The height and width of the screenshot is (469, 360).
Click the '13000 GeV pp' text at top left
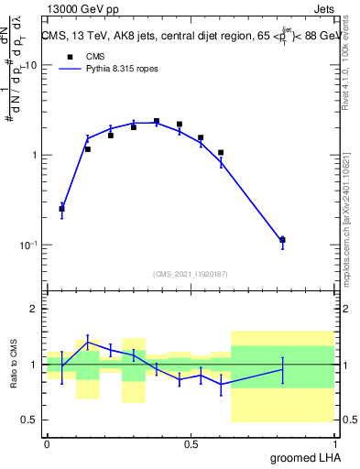[x=82, y=8]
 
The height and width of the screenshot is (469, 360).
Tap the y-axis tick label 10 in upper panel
[x=31, y=66]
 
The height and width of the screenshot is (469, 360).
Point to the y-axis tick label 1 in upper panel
[x=35, y=155]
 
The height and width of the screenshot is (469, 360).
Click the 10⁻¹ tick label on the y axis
[x=28, y=245]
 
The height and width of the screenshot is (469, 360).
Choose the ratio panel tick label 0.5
[x=31, y=420]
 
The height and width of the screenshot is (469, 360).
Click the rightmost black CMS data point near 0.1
[x=282, y=240]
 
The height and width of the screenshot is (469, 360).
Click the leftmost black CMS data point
[x=61, y=209]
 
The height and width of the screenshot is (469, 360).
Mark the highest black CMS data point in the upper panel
[x=157, y=121]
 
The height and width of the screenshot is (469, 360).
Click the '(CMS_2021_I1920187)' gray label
[x=190, y=273]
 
